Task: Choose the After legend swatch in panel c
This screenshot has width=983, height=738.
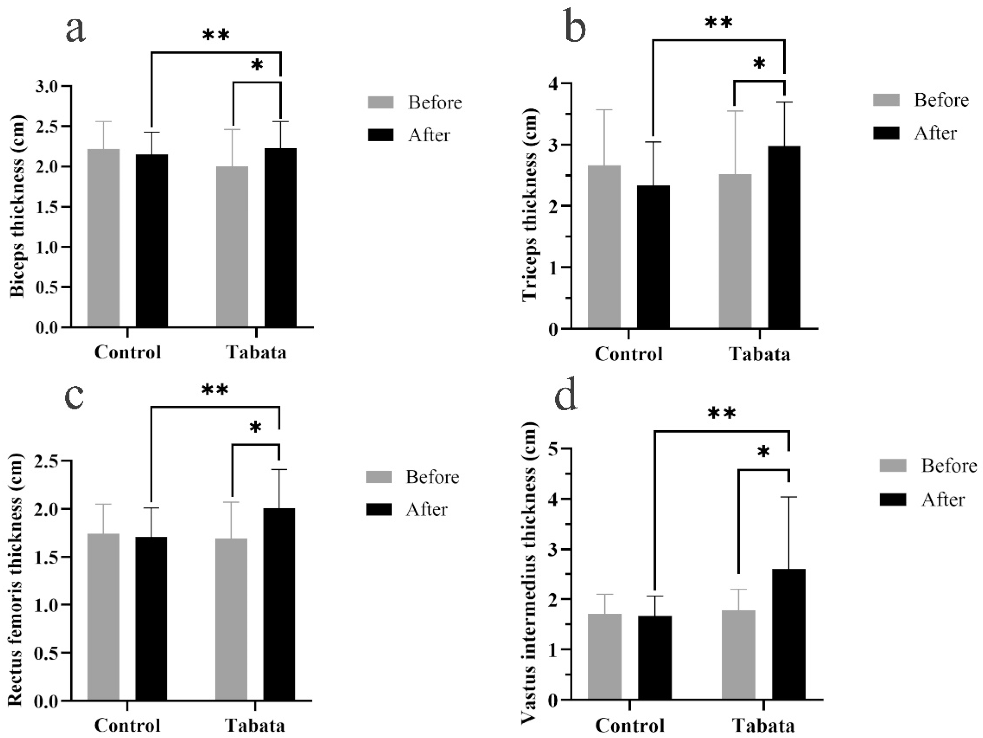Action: point(379,509)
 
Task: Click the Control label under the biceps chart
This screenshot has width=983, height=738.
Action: point(128,352)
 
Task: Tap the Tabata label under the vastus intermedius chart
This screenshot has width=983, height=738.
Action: point(763,726)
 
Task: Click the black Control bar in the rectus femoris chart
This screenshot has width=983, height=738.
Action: point(151,618)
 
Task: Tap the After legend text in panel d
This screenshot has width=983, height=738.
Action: point(943,500)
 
